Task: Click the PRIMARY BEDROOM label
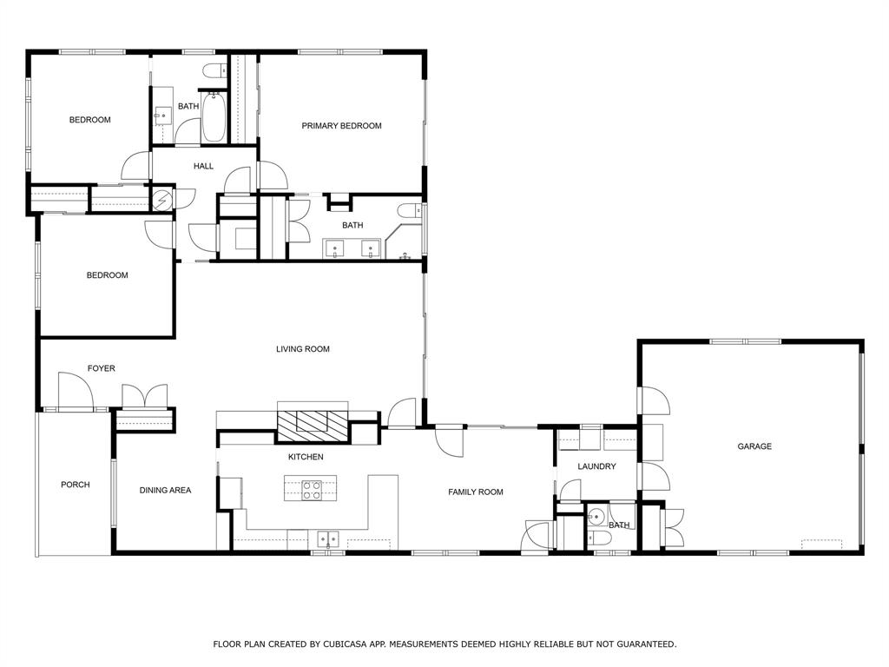(x=341, y=126)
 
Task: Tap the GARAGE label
(x=754, y=446)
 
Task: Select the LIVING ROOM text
(x=303, y=349)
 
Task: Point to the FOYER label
(x=101, y=368)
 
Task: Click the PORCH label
(x=75, y=485)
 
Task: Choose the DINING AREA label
(x=165, y=490)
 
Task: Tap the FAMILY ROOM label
(x=475, y=492)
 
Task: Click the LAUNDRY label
(x=596, y=466)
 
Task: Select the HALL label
(x=203, y=166)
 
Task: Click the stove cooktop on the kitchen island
(x=312, y=491)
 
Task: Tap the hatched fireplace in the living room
(x=312, y=422)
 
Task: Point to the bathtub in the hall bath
(x=214, y=120)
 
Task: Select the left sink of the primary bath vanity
(x=335, y=249)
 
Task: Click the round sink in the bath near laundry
(x=595, y=518)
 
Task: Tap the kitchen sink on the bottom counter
(x=327, y=538)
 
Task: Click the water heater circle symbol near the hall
(x=163, y=199)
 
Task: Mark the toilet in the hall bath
(x=213, y=72)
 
